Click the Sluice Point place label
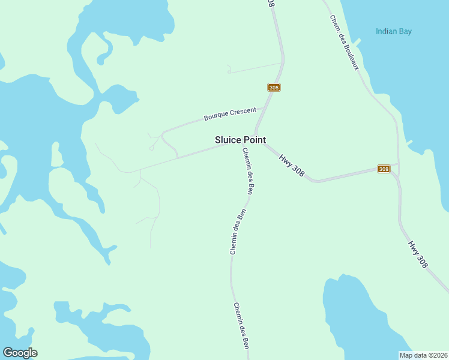(240, 140)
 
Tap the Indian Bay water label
(394, 32)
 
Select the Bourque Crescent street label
(230, 113)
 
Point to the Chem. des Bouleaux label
(344, 42)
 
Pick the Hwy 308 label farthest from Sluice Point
(418, 254)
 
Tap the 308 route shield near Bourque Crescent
(274, 88)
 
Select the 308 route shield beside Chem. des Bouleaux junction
(384, 169)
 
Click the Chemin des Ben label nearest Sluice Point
(247, 171)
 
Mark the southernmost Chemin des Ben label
(241, 325)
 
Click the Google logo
(20, 353)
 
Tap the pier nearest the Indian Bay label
(357, 42)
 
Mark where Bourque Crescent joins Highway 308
(266, 109)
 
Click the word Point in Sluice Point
(255, 140)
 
